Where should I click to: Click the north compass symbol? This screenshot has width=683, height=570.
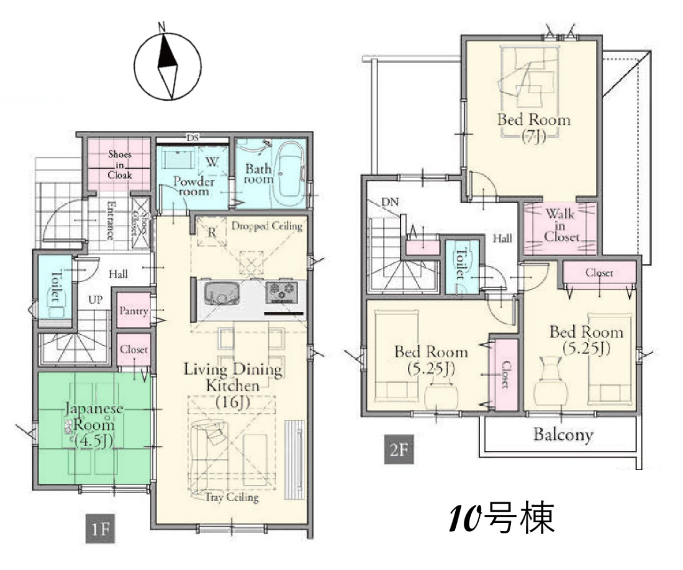pyautogui.click(x=167, y=65)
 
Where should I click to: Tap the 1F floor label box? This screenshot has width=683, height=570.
pyautogui.click(x=100, y=528)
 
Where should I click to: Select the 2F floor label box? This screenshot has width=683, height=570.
pyautogui.click(x=399, y=449)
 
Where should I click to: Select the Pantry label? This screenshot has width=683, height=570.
pyautogui.click(x=133, y=311)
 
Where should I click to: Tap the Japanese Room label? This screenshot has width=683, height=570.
pyautogui.click(x=94, y=425)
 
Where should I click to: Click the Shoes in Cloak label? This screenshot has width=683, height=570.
pyautogui.click(x=120, y=164)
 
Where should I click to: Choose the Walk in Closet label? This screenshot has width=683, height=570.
pyautogui.click(x=561, y=225)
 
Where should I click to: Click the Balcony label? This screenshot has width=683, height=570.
pyautogui.click(x=563, y=435)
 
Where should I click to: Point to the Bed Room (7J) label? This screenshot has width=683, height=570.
pyautogui.click(x=533, y=127)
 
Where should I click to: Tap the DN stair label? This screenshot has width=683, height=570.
pyautogui.click(x=390, y=202)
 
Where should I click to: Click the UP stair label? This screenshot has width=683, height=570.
pyautogui.click(x=96, y=300)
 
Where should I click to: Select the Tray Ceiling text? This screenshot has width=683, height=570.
pyautogui.click(x=232, y=497)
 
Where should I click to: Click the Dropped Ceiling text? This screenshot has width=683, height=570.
pyautogui.click(x=266, y=226)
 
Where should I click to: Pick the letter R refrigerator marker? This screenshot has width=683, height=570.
pyautogui.click(x=212, y=233)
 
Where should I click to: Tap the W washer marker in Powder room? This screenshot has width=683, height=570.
pyautogui.click(x=212, y=162)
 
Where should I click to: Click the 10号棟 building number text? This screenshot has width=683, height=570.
pyautogui.click(x=502, y=518)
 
